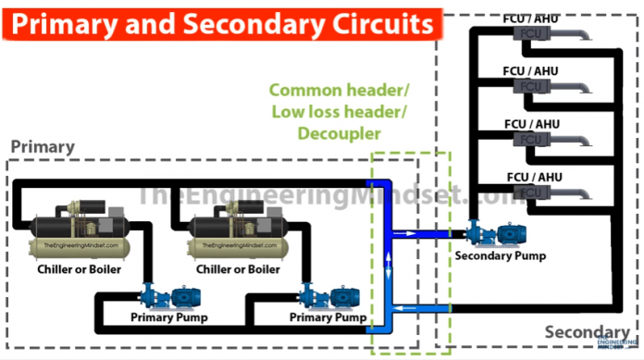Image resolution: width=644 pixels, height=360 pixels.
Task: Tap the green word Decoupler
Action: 339,133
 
